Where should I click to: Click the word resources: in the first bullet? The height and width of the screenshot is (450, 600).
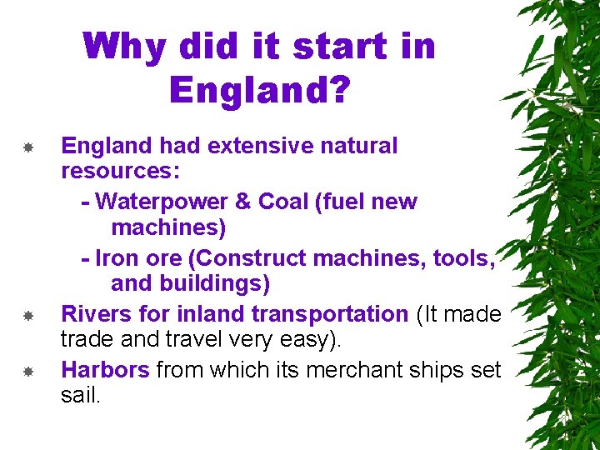click(127, 172)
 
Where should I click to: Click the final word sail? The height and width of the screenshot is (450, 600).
click(81, 395)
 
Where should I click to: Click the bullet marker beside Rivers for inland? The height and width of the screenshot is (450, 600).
click(27, 316)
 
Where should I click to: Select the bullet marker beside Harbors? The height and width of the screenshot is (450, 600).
click(27, 371)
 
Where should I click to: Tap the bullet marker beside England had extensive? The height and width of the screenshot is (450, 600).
click(27, 147)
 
